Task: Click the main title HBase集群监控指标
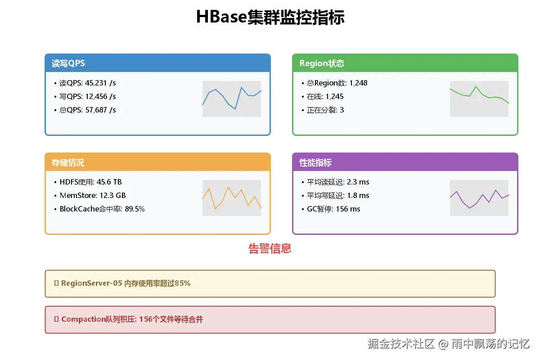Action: [x=270, y=18]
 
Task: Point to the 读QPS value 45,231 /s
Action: [x=100, y=83]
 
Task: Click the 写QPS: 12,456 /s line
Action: [x=88, y=97]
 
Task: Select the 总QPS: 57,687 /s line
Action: [x=88, y=110]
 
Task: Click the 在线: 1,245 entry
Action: [x=325, y=97]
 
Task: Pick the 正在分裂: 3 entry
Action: [x=325, y=110]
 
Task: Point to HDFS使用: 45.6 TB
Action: [x=90, y=182]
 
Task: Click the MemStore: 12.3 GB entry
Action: [x=92, y=196]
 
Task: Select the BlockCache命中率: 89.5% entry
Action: [x=102, y=209]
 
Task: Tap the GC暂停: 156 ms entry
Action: [x=333, y=209]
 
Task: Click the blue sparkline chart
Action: [x=232, y=99]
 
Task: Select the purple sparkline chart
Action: [x=479, y=198]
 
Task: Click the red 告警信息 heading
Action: [x=270, y=248]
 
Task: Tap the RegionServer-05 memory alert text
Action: [x=126, y=283]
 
